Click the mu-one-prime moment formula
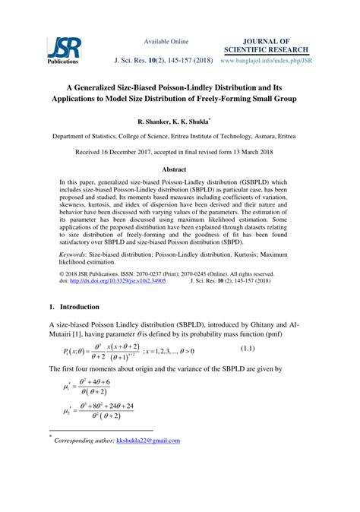[x=87, y=387]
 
